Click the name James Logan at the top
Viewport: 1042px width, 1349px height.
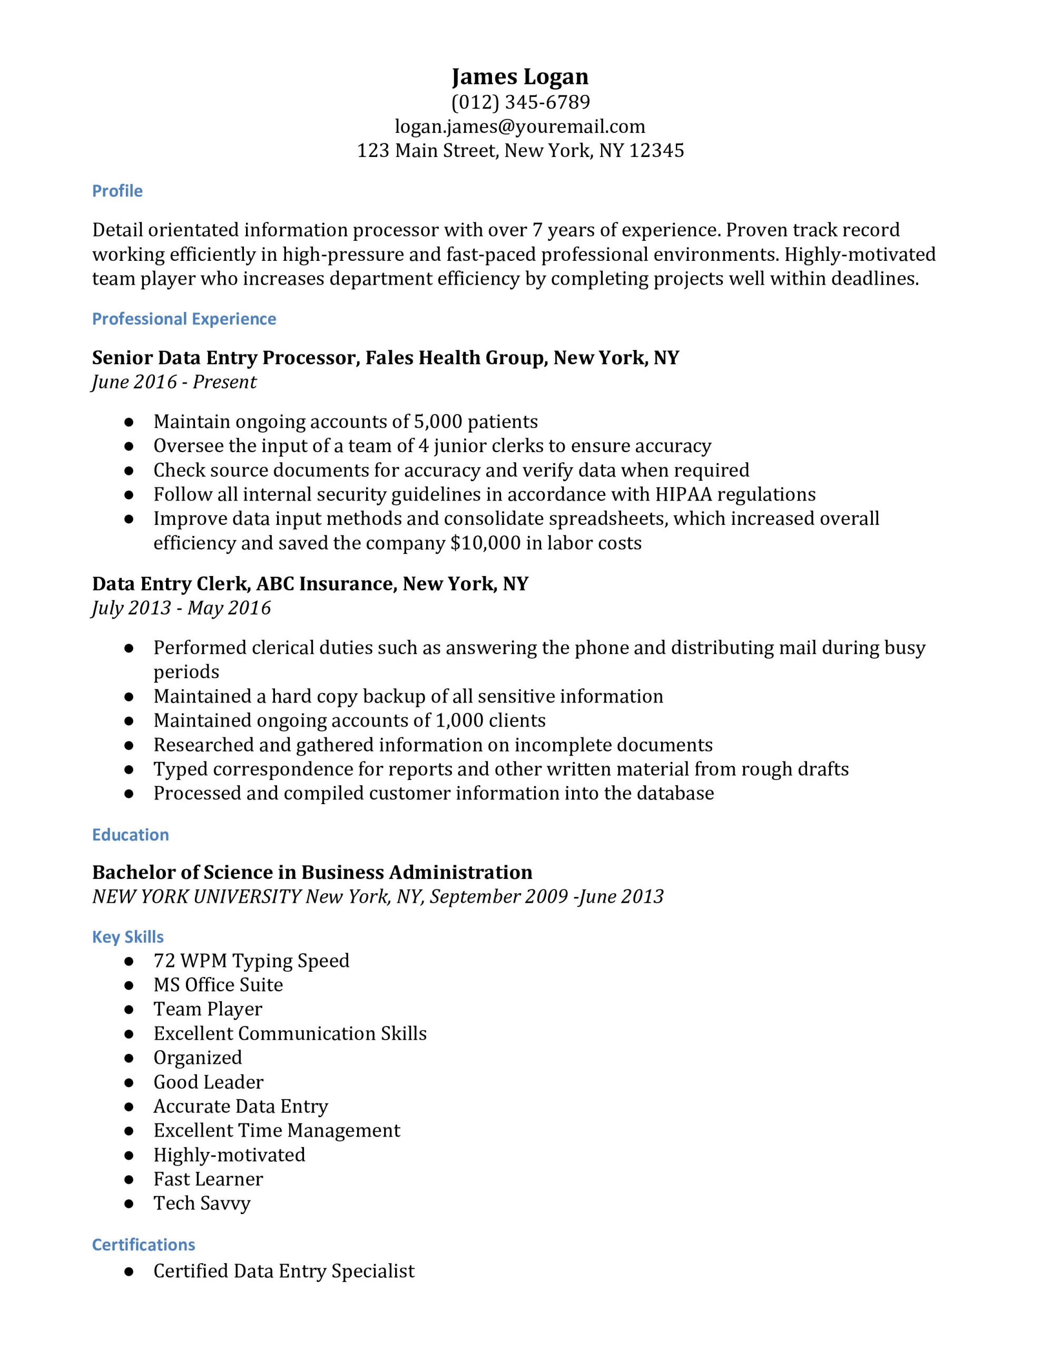point(520,76)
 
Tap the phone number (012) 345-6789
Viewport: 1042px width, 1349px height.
point(520,102)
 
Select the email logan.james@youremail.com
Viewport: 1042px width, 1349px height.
point(520,126)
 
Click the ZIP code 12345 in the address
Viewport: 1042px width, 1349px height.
point(656,151)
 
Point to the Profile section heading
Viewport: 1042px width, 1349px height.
point(117,191)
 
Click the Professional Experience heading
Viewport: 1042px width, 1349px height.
point(184,319)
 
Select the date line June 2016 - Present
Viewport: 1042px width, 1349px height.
point(174,382)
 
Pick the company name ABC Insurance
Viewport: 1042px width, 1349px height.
point(326,584)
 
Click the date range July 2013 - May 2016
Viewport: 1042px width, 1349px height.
point(182,608)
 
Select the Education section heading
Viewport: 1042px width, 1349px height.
point(130,835)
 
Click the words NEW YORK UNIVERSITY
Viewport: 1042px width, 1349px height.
point(196,896)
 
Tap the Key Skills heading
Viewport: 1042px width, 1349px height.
point(128,937)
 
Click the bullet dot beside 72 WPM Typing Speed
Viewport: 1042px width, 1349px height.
point(129,961)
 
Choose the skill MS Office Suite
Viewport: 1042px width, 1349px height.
point(218,984)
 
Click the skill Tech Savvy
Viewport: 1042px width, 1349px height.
point(202,1203)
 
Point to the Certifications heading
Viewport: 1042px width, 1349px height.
point(143,1245)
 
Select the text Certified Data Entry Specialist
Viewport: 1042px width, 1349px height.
point(284,1270)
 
